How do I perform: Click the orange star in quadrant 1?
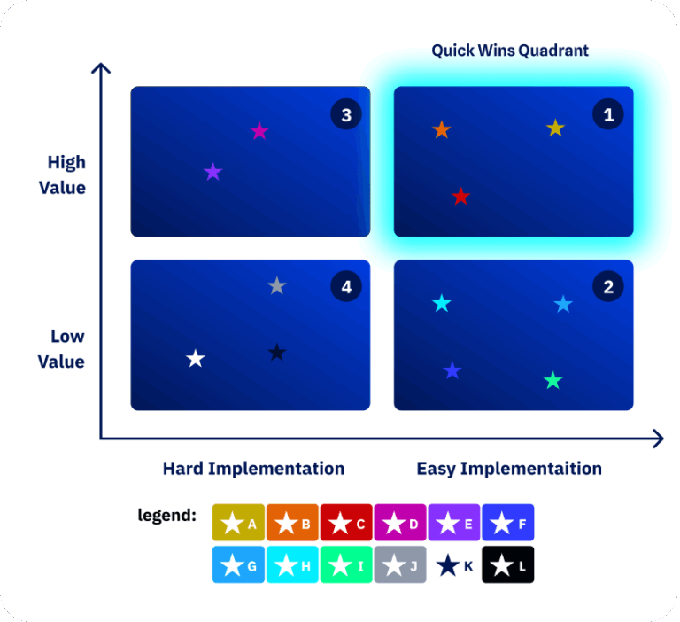(442, 130)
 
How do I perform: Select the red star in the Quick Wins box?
(460, 197)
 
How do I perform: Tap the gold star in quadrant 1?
(555, 128)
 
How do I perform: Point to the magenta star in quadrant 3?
(259, 131)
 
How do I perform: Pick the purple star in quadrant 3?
(212, 172)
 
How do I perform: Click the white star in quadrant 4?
(196, 359)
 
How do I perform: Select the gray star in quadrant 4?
(277, 285)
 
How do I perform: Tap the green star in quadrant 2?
(552, 381)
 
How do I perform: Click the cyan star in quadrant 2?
(442, 304)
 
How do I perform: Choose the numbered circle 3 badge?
(346, 115)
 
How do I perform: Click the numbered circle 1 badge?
(608, 114)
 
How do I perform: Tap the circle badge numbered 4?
(346, 286)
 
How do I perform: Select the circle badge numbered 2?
(608, 286)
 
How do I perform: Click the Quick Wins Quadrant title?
(510, 51)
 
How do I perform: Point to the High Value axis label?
(67, 175)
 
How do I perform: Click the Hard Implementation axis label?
(253, 469)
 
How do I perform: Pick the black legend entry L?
(508, 564)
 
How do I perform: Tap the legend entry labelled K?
(454, 564)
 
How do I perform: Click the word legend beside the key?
(166, 515)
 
